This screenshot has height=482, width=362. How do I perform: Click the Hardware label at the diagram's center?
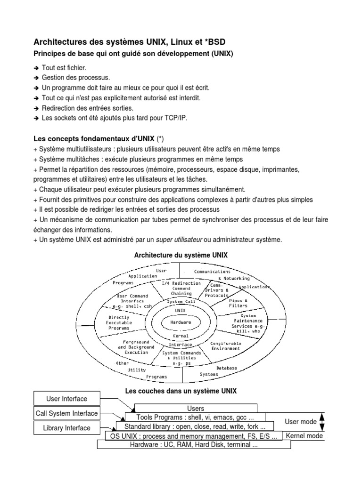click(x=181, y=322)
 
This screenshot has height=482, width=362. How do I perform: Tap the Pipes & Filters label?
click(x=238, y=303)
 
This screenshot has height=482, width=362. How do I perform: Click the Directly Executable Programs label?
click(x=119, y=323)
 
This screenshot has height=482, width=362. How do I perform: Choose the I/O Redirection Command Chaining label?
click(x=181, y=288)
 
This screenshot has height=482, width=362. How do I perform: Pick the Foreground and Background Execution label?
click(x=136, y=347)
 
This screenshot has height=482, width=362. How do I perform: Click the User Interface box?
click(x=66, y=399)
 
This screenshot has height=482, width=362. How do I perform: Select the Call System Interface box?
click(x=66, y=413)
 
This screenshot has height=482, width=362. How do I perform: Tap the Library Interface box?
click(x=66, y=428)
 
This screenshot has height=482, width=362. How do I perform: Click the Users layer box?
click(x=196, y=409)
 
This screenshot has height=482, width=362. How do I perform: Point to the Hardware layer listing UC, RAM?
click(x=194, y=444)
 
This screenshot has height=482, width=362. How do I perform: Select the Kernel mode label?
click(x=304, y=436)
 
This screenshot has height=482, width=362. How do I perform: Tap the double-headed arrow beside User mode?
click(x=322, y=422)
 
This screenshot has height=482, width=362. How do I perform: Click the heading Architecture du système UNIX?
click(x=181, y=255)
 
